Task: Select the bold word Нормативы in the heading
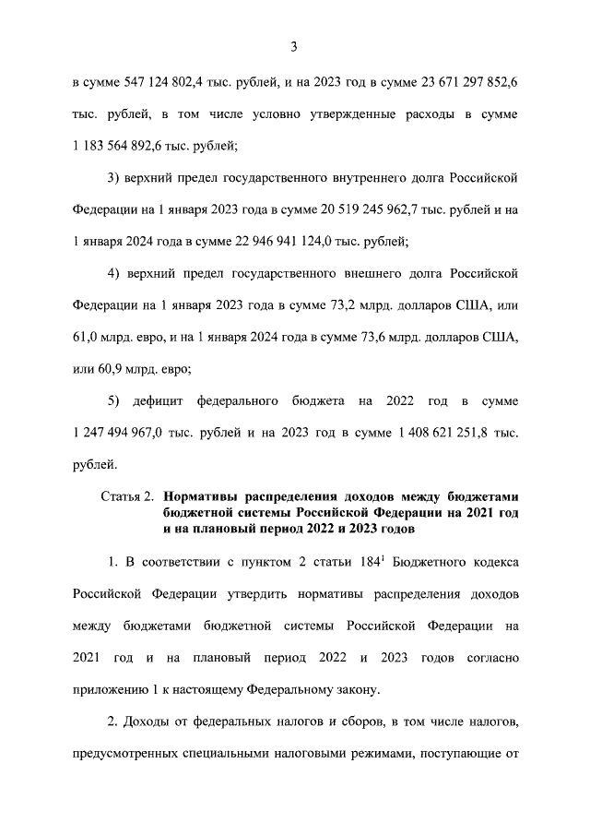(x=208, y=497)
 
